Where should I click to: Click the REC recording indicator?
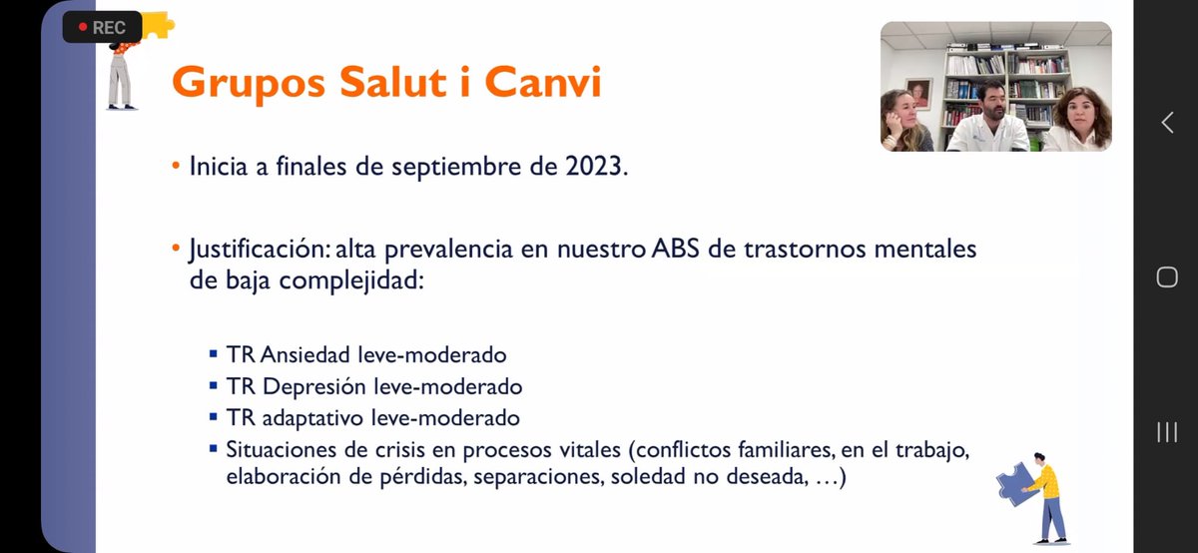coord(102,27)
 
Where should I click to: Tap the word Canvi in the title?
coord(543,83)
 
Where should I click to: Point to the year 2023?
coord(596,167)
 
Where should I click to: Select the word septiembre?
coord(456,168)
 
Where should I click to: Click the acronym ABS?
coord(676,249)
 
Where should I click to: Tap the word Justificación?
coord(260,250)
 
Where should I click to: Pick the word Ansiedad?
coord(305,354)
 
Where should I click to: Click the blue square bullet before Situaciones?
coord(214,448)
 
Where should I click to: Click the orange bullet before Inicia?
coord(176,166)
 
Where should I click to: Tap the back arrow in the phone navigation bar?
coord(1167,123)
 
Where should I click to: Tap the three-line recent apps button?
coord(1167,432)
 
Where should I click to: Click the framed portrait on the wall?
coord(918,94)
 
